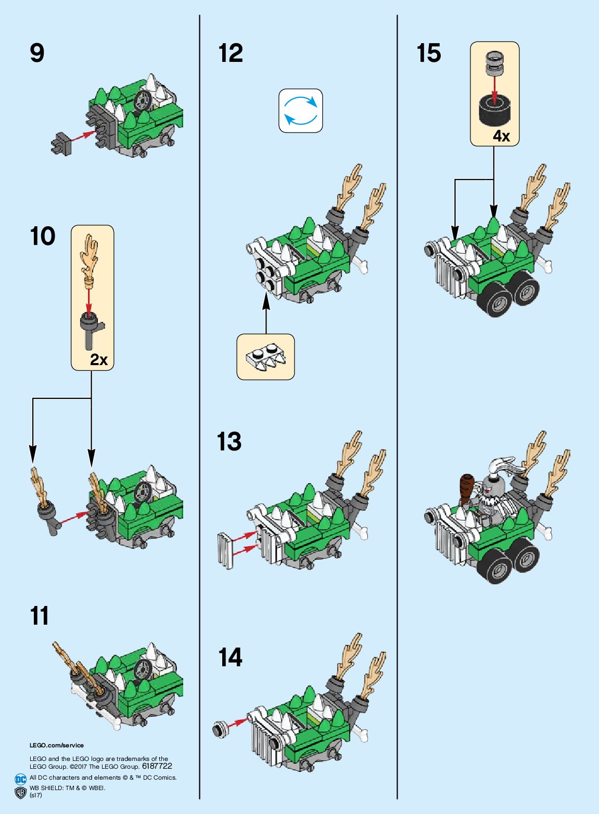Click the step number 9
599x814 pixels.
[x=37, y=53]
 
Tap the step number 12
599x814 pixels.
[x=231, y=53]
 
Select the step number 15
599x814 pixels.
[x=428, y=53]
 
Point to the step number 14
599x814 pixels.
[x=230, y=657]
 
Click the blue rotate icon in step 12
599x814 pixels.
[x=301, y=110]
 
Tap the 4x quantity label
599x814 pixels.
[x=501, y=136]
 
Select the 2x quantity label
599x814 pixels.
[x=98, y=359]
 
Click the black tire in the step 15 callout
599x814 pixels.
[x=494, y=110]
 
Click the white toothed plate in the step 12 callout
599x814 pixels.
[x=266, y=358]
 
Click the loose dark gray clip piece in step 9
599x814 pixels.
[x=61, y=143]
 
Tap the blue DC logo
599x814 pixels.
[x=20, y=779]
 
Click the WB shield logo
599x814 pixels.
[x=20, y=792]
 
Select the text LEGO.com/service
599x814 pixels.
[x=56, y=745]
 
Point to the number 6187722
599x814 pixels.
[x=157, y=766]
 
